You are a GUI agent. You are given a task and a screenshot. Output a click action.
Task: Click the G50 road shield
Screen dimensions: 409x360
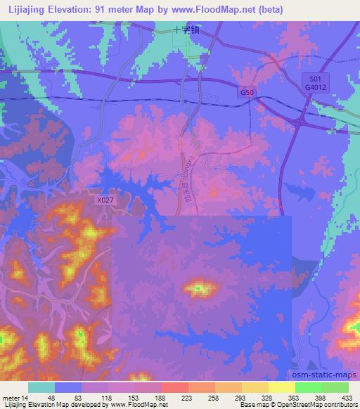pos(245,92)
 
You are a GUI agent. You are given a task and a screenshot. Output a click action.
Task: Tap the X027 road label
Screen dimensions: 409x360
pos(104,200)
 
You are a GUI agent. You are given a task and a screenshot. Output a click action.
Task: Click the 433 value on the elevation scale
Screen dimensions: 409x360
pos(345,397)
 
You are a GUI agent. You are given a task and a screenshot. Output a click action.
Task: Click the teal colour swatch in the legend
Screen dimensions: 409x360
pos(41,387)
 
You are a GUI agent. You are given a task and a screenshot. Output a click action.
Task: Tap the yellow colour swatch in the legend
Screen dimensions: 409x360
pos(282,387)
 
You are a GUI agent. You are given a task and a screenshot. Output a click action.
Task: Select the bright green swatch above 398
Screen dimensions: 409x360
pos(309,387)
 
